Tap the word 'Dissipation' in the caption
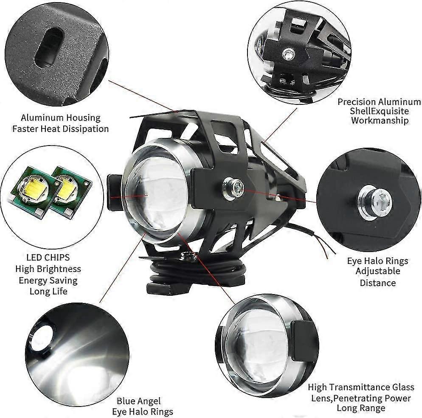(x=85, y=129)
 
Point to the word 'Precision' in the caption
(x=357, y=102)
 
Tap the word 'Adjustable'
(x=378, y=271)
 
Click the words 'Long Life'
(x=48, y=292)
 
